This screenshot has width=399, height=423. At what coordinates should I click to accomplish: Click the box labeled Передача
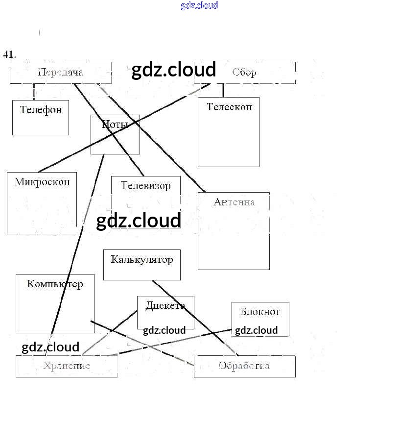click(60, 73)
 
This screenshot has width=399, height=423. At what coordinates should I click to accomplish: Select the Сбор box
click(245, 73)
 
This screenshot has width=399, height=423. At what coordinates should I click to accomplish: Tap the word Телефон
click(41, 109)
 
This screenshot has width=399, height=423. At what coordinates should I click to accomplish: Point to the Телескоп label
click(229, 106)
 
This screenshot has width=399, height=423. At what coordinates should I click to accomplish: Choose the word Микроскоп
click(42, 182)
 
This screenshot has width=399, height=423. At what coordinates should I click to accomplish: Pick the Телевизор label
click(146, 186)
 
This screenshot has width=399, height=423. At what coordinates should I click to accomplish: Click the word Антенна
click(234, 202)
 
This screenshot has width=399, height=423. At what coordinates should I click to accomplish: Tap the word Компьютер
click(55, 284)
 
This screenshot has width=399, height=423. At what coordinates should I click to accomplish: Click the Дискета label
click(165, 305)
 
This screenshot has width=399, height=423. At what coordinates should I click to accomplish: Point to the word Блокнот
click(260, 312)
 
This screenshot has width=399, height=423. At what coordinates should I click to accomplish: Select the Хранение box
click(67, 366)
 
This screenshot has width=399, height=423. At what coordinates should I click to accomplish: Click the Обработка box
click(244, 366)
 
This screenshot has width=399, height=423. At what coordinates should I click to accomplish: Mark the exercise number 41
click(9, 54)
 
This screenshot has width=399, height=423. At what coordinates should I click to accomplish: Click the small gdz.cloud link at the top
click(199, 6)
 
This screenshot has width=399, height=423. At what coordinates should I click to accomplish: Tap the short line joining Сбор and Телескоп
click(223, 90)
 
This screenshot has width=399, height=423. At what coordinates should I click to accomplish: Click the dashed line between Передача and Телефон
click(34, 92)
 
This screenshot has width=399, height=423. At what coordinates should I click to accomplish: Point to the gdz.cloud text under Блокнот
click(256, 330)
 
